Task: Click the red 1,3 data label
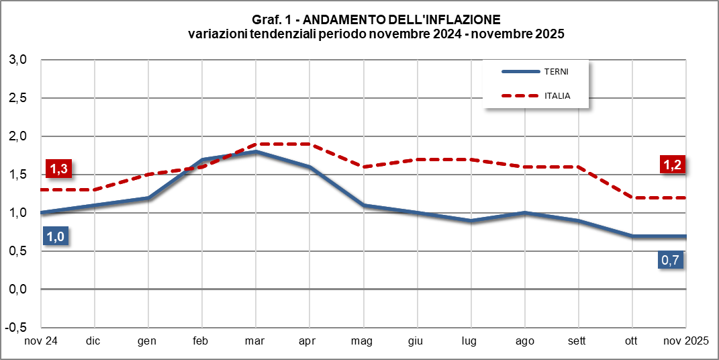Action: [x=58, y=170]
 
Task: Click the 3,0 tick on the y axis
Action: [x=17, y=60]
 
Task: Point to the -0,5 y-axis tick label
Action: [x=16, y=328]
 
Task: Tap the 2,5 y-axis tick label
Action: [x=17, y=98]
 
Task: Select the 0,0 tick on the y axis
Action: [x=17, y=289]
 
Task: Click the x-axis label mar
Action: [x=254, y=341]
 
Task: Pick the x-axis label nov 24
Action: [x=41, y=341]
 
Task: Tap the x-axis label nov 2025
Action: [x=683, y=341]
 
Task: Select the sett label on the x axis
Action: [x=576, y=341]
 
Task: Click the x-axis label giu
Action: [x=415, y=341]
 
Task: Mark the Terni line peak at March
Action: [x=256, y=152]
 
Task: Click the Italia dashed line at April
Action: [x=309, y=144]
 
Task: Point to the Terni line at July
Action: [x=471, y=220]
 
